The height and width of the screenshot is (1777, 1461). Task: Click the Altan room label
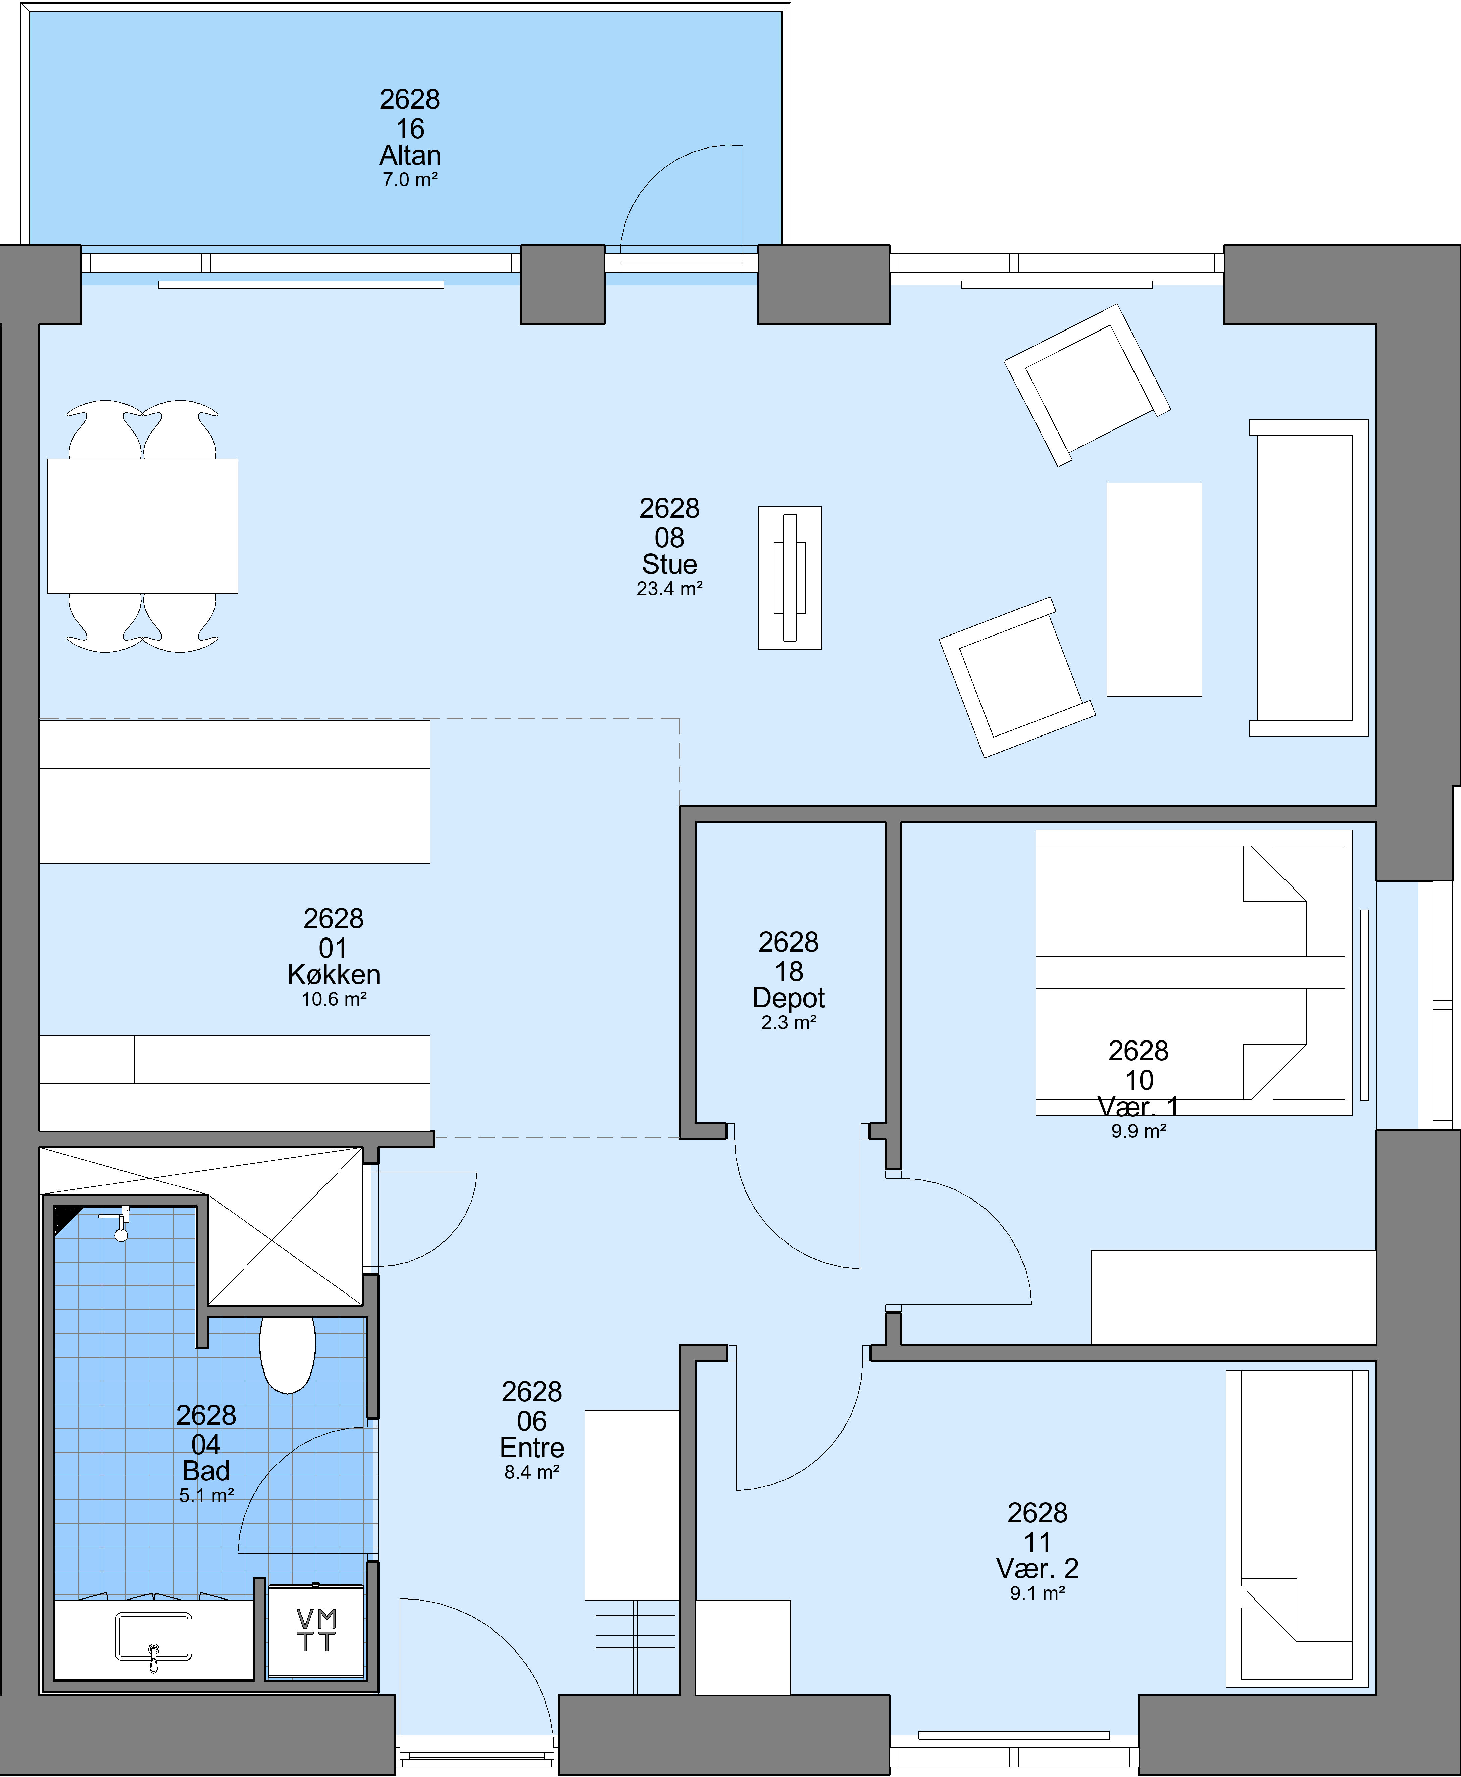tap(410, 156)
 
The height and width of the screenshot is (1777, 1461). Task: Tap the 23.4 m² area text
tap(669, 589)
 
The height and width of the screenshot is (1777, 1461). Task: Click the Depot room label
tap(789, 998)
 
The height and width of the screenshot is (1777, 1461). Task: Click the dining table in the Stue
tap(142, 526)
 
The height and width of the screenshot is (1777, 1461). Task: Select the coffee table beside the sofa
tap(1154, 590)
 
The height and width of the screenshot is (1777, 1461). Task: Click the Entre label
tap(532, 1447)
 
